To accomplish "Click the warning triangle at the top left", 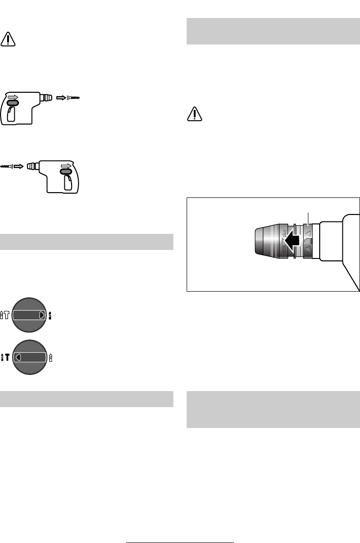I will [8, 39].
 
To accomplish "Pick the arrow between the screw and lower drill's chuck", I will [18, 166].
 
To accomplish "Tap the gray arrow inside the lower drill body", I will [67, 166].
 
